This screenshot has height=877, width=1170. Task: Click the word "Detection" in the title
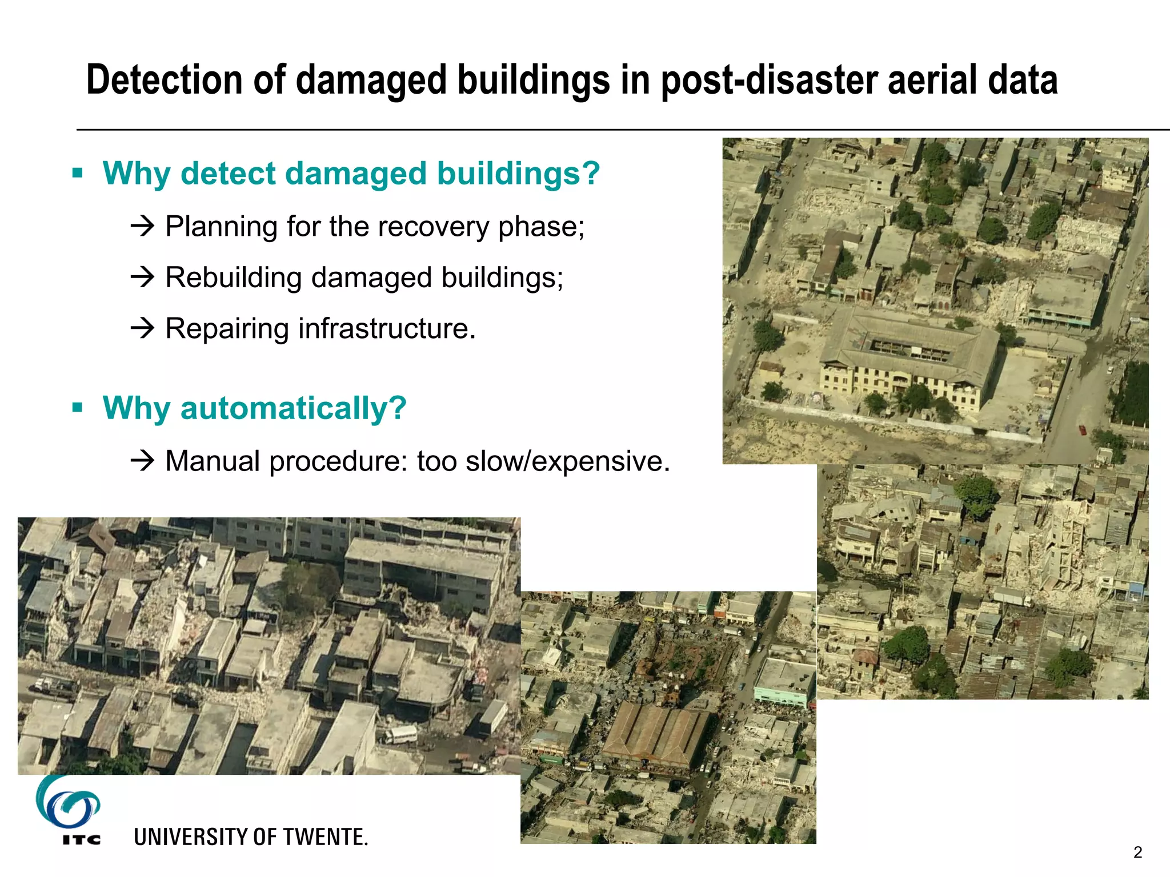click(165, 80)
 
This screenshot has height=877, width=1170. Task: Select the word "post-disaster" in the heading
click(768, 80)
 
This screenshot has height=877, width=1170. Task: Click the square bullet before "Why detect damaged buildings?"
click(78, 172)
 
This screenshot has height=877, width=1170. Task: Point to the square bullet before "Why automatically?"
click(78, 408)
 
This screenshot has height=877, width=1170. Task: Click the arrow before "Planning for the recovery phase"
click(142, 226)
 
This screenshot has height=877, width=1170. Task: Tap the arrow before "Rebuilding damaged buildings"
click(142, 277)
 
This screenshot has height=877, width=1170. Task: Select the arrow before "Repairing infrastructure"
click(142, 328)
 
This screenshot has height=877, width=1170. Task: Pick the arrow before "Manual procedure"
click(142, 460)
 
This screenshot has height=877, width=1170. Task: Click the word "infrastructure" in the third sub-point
click(387, 328)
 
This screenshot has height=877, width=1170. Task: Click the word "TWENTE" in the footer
click(326, 837)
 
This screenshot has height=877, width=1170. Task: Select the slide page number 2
click(1137, 852)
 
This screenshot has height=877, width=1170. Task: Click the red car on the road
click(1082, 429)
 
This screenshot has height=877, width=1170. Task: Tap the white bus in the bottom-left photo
click(400, 734)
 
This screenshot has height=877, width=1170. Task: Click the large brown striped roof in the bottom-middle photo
click(657, 734)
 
